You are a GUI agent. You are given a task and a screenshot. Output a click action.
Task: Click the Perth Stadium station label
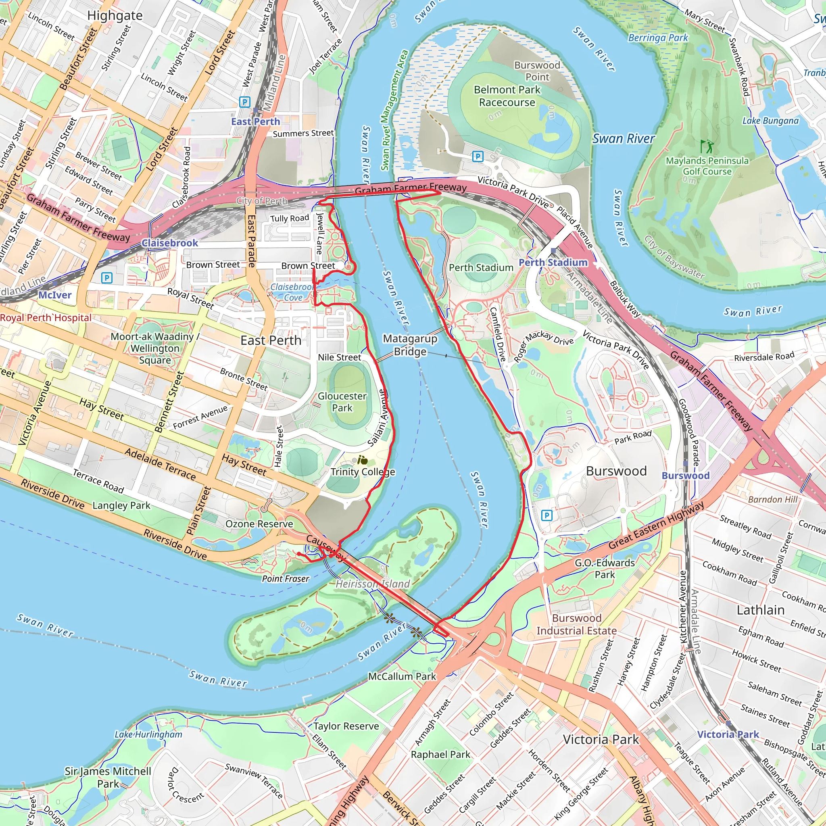tap(553, 263)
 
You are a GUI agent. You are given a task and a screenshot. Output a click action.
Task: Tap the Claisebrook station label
tap(170, 243)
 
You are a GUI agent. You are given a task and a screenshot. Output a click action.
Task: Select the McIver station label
tap(55, 295)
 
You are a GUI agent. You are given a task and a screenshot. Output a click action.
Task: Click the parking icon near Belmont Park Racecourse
tap(478, 156)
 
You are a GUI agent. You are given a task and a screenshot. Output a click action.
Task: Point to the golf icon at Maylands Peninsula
tap(706, 147)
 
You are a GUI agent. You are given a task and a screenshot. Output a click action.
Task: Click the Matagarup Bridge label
tap(410, 345)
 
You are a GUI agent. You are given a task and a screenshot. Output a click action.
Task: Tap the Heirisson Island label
tap(372, 584)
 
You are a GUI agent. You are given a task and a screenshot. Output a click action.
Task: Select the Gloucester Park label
tap(342, 402)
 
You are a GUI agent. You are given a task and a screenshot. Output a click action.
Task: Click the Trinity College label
tap(363, 472)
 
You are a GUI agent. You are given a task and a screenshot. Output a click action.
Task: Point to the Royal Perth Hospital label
tap(46, 318)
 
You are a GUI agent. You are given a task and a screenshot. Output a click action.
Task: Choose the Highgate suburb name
tap(115, 15)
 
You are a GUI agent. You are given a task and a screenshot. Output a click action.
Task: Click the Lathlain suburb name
tap(760, 610)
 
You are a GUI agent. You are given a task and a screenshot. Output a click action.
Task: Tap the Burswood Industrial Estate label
tap(576, 625)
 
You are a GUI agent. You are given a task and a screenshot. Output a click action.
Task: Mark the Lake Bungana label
tap(770, 121)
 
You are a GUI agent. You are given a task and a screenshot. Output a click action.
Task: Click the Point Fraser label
tap(285, 579)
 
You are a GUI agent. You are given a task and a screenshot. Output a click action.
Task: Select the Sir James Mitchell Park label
tap(108, 777)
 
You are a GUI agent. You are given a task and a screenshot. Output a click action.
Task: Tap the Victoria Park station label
tap(728, 734)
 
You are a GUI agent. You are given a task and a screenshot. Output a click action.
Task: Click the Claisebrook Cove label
tap(292, 292)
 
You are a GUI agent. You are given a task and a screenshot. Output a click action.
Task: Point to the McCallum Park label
tap(402, 676)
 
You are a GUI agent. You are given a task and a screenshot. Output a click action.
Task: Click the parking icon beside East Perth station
tap(244, 102)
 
